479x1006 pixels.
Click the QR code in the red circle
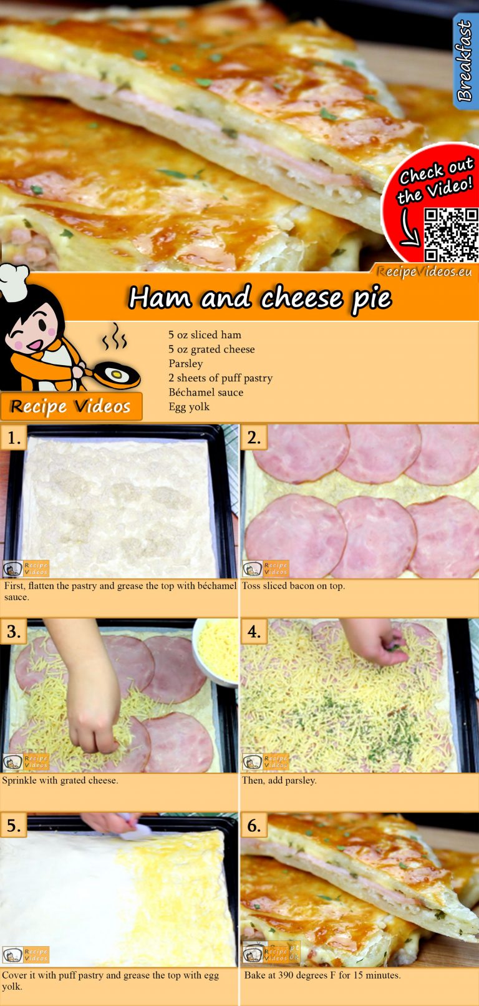tap(450, 235)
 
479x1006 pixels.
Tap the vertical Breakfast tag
tap(464, 61)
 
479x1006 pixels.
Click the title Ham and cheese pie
tap(259, 298)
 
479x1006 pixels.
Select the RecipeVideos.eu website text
tap(424, 271)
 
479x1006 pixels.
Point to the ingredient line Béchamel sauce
tap(206, 393)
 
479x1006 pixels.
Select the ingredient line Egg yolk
tap(189, 407)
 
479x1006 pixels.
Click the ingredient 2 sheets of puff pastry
tap(220, 378)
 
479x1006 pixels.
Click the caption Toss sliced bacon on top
tap(293, 586)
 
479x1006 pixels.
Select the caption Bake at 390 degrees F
tap(322, 975)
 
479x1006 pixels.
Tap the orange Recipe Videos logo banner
tap(71, 406)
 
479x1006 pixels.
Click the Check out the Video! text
tap(435, 180)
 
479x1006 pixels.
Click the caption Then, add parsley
tap(279, 780)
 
